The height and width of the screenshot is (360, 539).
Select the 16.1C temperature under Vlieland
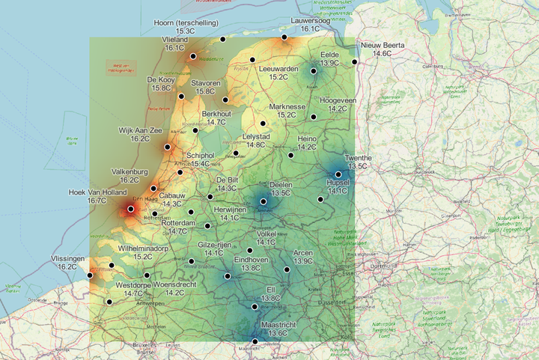point(174,48)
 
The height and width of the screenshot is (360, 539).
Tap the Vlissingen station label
point(70,257)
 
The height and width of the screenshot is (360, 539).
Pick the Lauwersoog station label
point(311,21)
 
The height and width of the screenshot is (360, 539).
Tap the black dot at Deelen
point(264,201)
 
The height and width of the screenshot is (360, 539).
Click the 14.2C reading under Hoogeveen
point(332,109)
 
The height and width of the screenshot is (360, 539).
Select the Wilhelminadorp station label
point(143,247)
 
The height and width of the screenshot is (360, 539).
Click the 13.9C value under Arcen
point(303,261)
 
